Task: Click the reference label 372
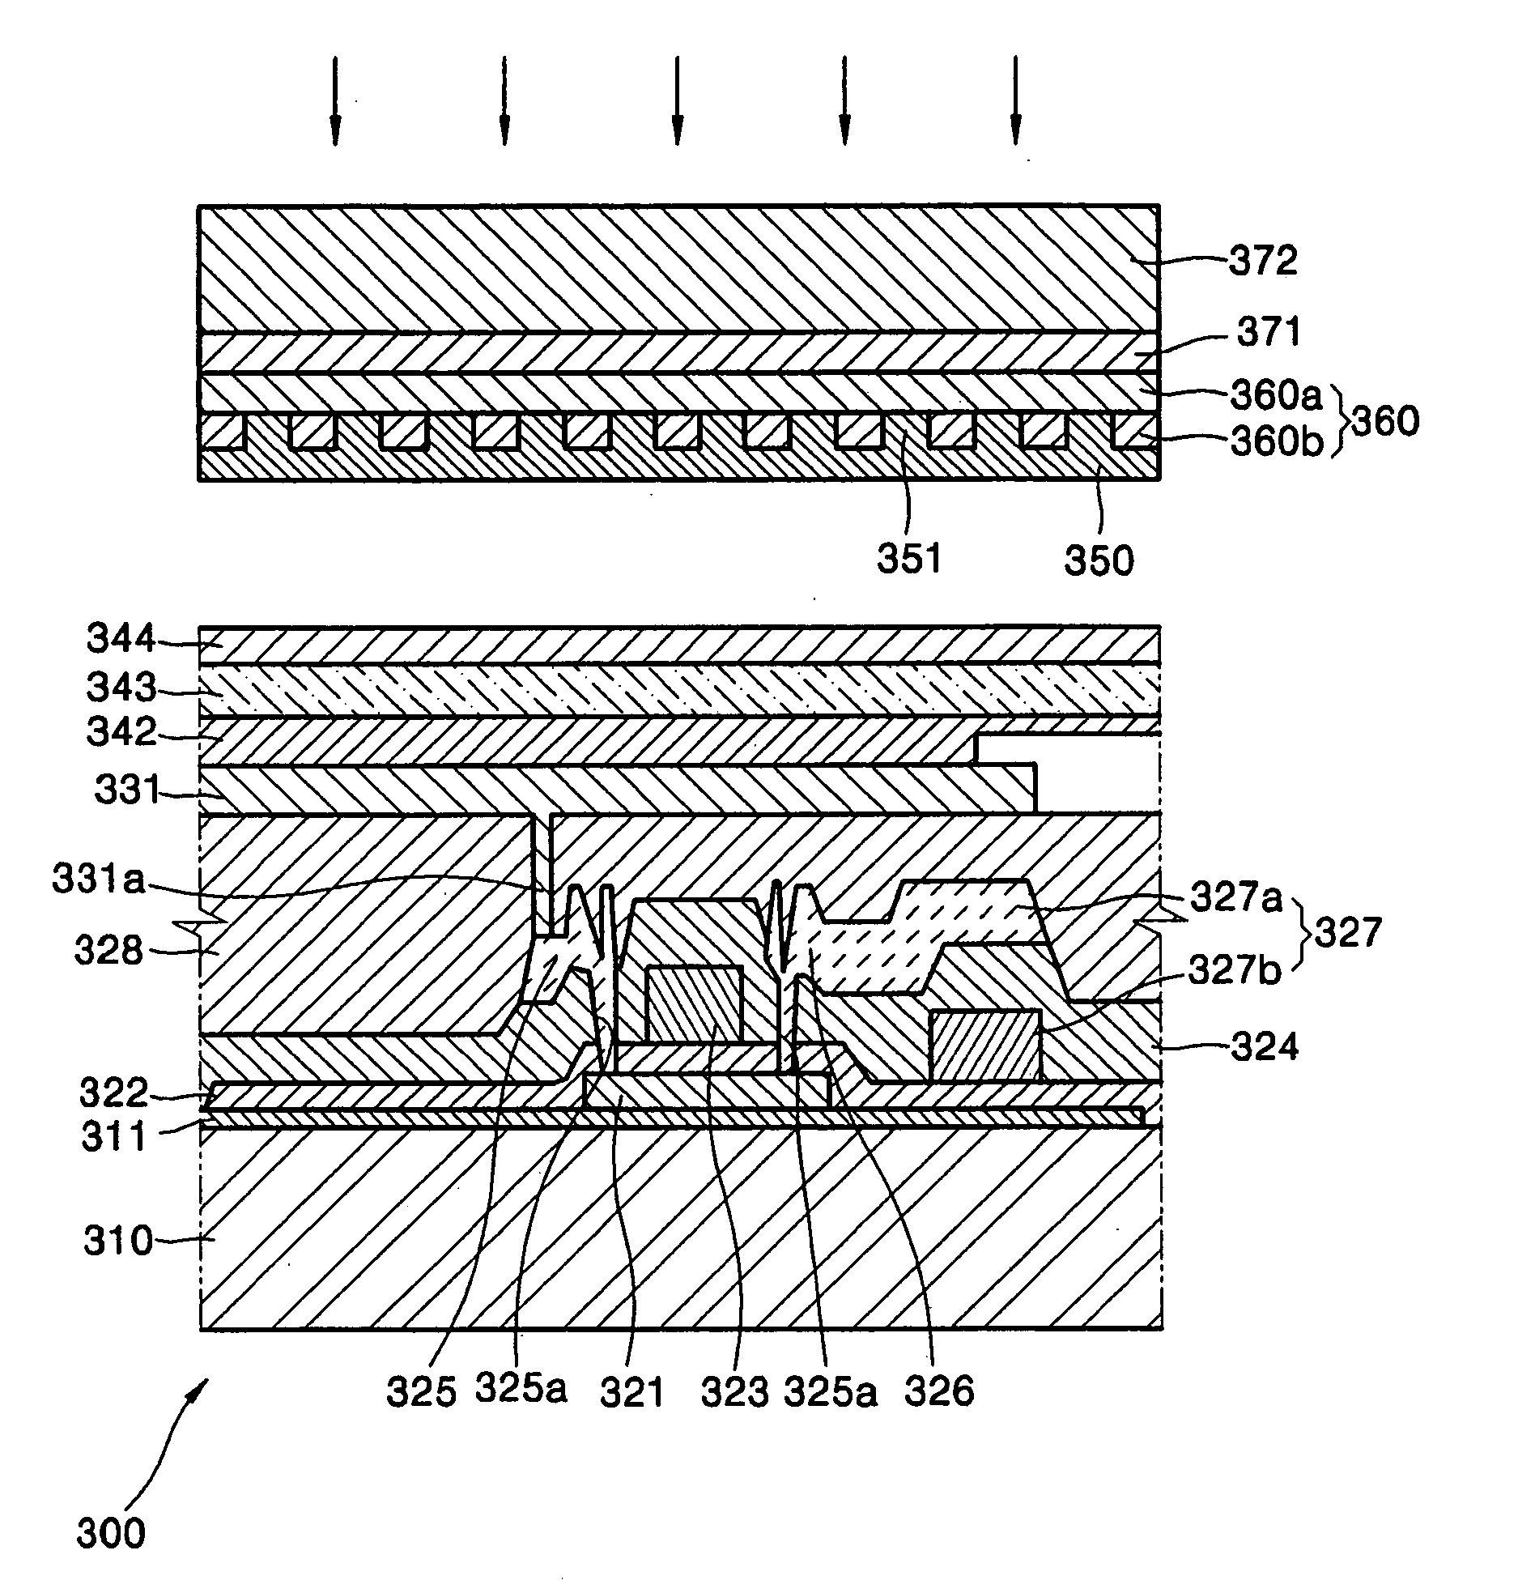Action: [1262, 262]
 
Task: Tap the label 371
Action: [1269, 331]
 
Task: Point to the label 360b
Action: [1276, 441]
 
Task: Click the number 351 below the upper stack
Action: [908, 559]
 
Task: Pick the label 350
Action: [1099, 560]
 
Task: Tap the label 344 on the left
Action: [121, 639]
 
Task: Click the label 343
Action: [121, 688]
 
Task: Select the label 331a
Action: [98, 880]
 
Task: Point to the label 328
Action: [108, 949]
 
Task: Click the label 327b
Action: [1235, 969]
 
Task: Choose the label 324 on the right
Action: [1265, 1047]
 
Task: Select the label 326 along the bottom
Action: [938, 1391]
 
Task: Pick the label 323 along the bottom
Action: [734, 1391]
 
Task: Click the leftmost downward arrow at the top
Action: [335, 100]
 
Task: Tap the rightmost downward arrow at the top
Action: [1015, 100]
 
